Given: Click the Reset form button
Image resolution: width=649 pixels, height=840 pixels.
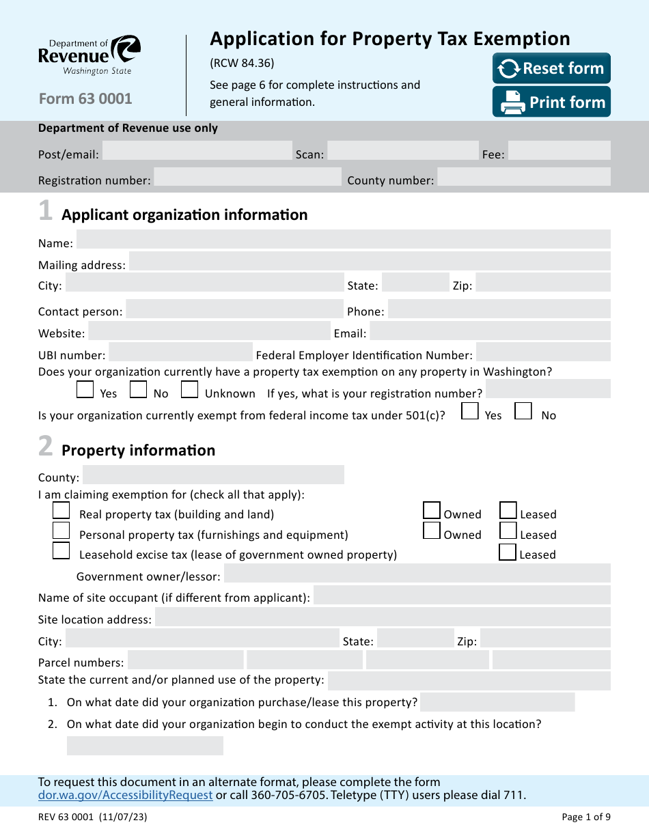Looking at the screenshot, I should coord(551,68).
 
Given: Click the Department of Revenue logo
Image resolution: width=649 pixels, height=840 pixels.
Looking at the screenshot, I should coord(89,55).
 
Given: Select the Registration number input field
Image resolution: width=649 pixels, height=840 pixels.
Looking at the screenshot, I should coord(247,178).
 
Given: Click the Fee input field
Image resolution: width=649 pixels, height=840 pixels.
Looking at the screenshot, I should coord(559,151).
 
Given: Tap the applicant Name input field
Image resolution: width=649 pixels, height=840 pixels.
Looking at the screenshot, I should coord(343,240).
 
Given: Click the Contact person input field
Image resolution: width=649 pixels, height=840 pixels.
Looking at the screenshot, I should coord(234,309).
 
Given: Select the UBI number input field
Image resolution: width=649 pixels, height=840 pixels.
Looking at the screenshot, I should coord(180,352).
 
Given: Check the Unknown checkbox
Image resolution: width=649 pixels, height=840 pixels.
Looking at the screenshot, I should coord(190,390).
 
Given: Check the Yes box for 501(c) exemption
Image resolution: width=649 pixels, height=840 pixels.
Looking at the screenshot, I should coord(469,411).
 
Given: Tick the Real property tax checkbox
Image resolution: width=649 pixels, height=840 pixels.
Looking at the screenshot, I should coord(61,510).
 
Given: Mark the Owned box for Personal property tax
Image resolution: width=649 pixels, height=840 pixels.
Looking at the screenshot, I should coord(432,531).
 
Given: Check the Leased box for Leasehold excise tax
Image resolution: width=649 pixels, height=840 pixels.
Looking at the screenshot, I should coord(508,552).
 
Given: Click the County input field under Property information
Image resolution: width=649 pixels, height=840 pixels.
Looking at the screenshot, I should coord(213,475).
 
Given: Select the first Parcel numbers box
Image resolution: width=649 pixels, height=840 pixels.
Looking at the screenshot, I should coord(185,660).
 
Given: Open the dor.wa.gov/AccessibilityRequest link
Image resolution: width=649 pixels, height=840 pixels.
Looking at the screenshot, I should coord(125,795).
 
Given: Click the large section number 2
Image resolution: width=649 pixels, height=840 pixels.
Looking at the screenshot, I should coord(45,447).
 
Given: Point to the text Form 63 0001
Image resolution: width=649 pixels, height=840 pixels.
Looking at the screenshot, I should coord(85,98).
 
